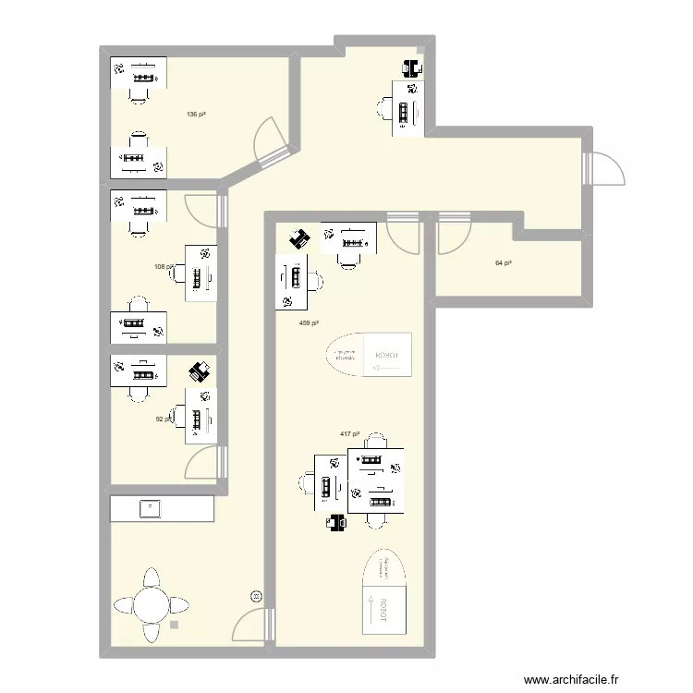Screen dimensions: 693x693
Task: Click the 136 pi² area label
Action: pyautogui.click(x=195, y=115)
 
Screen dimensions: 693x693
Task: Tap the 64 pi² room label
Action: pyautogui.click(x=504, y=263)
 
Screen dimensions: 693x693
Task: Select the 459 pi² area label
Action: pyautogui.click(x=309, y=323)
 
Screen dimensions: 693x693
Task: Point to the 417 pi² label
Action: pyautogui.click(x=349, y=434)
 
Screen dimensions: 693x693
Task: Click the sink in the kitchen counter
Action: pyautogui.click(x=148, y=507)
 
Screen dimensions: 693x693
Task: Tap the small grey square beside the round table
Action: pyautogui.click(x=174, y=626)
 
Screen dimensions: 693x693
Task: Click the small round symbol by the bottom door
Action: pyautogui.click(x=257, y=597)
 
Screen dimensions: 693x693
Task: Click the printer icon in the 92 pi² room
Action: pyautogui.click(x=200, y=371)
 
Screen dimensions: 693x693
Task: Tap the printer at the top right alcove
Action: pyautogui.click(x=411, y=67)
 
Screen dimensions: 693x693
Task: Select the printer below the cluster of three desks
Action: pyautogui.click(x=336, y=523)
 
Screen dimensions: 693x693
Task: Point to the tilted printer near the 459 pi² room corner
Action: pyautogui.click(x=299, y=239)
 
